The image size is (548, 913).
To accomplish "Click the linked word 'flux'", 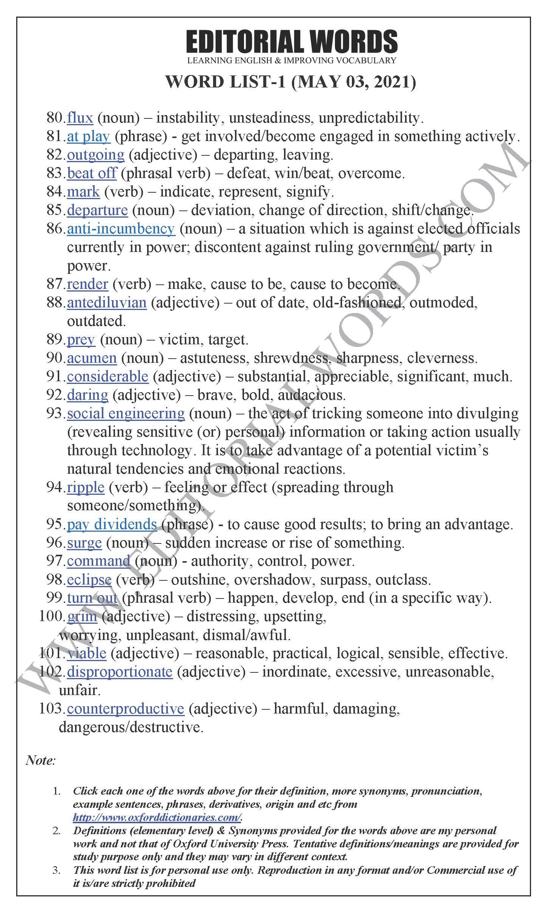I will click(80, 118).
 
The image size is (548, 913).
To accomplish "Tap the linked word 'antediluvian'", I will click(107, 303).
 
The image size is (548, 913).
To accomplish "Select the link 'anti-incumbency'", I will click(121, 229).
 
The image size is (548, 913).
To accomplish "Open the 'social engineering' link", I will click(126, 414).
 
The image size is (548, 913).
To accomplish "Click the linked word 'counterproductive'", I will click(125, 709).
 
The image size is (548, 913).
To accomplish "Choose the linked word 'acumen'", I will click(92, 358).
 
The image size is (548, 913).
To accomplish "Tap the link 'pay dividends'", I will click(112, 525).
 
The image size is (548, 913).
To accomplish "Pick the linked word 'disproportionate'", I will click(120, 672).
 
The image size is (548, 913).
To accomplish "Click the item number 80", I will click(56, 118).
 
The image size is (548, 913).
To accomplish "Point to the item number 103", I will click(52, 709).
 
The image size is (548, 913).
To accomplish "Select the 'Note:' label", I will click(41, 760).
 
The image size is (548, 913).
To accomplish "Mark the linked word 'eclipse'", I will click(89, 580).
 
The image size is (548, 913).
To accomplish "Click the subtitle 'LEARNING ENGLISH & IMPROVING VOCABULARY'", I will click(292, 60).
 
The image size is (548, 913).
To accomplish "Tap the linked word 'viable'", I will click(87, 654).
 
